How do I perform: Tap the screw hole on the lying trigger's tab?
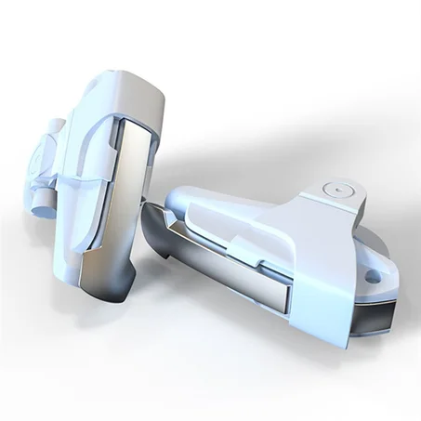[377, 276]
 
